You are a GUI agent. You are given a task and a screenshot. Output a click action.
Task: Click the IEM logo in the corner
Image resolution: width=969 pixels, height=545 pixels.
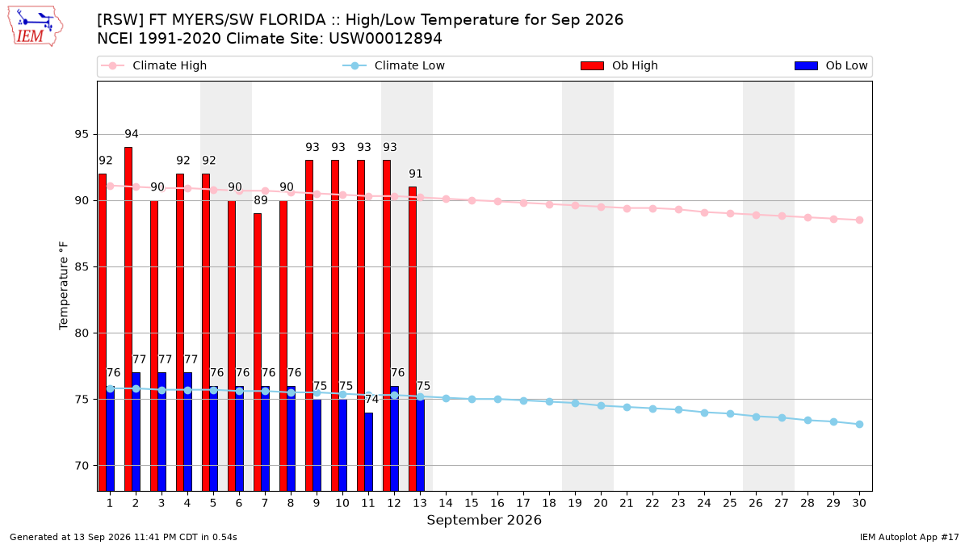click(x=35, y=27)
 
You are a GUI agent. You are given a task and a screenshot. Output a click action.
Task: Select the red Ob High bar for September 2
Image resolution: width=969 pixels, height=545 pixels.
click(x=128, y=319)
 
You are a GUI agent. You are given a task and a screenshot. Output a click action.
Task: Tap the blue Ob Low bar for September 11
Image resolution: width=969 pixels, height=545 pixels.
click(x=368, y=452)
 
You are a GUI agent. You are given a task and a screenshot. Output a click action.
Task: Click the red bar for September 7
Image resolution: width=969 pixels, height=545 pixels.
click(x=258, y=352)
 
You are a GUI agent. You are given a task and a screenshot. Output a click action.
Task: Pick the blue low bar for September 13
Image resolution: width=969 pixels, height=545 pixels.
click(x=421, y=445)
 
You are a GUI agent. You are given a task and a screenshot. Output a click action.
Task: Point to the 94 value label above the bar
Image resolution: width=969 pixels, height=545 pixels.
click(x=132, y=134)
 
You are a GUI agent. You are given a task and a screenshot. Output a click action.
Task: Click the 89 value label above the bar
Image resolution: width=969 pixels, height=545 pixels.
click(x=261, y=200)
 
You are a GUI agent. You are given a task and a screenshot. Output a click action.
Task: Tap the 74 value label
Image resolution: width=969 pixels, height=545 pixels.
click(x=371, y=399)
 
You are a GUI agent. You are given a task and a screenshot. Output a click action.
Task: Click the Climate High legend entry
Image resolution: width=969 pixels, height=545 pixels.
click(x=153, y=65)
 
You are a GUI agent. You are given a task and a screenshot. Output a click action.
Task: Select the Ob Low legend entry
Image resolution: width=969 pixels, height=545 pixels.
click(x=831, y=65)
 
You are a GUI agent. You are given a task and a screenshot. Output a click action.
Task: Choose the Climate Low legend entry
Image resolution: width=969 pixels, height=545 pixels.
click(x=394, y=65)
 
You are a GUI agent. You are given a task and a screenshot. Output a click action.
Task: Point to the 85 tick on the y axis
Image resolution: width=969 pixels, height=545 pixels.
click(x=82, y=267)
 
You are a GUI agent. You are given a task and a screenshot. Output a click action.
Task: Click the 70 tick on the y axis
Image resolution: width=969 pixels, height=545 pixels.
click(x=82, y=466)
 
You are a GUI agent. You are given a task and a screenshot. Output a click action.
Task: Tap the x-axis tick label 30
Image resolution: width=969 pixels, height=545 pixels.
click(x=859, y=503)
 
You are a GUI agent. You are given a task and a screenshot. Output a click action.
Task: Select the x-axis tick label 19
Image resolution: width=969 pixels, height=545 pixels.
click(x=575, y=503)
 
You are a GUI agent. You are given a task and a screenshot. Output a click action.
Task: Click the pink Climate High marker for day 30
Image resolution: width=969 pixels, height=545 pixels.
click(x=859, y=220)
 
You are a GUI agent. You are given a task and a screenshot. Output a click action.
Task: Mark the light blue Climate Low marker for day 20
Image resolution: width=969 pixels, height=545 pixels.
click(x=601, y=405)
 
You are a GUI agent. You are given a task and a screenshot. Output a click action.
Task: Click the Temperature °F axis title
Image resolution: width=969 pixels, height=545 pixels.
click(x=64, y=286)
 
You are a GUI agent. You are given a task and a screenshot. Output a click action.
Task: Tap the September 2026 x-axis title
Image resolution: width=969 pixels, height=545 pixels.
click(x=484, y=520)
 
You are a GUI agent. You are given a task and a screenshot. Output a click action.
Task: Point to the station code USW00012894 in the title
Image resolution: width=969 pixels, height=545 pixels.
click(x=385, y=39)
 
